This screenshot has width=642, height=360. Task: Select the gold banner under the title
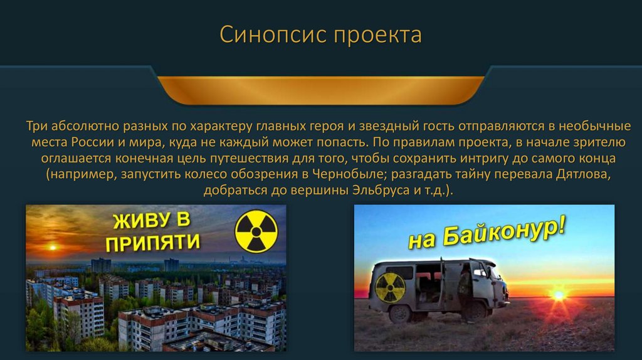pos(320,89)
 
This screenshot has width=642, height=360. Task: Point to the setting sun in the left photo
pos(52,247)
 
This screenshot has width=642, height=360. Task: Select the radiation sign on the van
pos(391,288)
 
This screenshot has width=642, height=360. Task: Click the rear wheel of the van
pos(399,313)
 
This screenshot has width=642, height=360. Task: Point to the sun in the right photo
pos(557,294)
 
